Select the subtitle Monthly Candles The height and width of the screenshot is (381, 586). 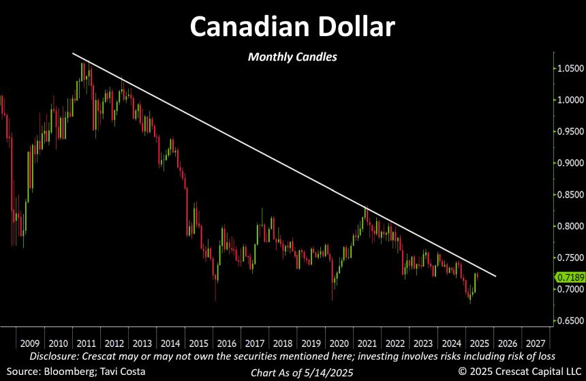click(x=292, y=57)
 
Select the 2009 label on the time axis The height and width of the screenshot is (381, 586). click(x=29, y=344)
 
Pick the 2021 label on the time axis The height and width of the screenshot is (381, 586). click(x=367, y=344)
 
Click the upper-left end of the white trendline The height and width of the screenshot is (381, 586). click(x=73, y=53)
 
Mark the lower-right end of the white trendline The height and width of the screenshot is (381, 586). click(x=495, y=276)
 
